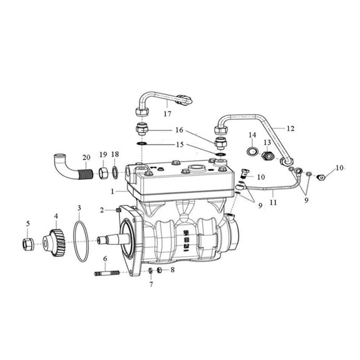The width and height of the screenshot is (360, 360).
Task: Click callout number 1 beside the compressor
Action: (x=114, y=191)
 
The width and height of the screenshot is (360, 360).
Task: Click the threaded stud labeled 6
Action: (x=105, y=274)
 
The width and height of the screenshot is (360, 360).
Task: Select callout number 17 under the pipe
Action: (x=167, y=113)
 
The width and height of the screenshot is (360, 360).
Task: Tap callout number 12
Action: (x=290, y=128)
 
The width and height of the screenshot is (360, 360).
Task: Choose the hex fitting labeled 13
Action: (x=268, y=156)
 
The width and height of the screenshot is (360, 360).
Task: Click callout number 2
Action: (x=102, y=210)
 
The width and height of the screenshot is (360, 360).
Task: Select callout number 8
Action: (x=173, y=270)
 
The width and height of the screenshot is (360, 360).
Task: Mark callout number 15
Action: (x=180, y=145)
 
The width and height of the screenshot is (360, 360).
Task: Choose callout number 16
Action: (x=180, y=129)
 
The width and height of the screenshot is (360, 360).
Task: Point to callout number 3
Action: (x=79, y=208)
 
